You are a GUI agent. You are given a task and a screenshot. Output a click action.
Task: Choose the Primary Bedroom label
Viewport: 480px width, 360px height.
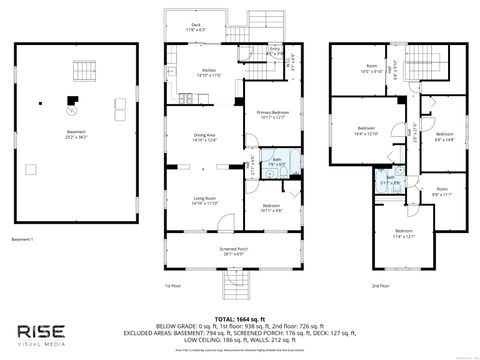click(272, 115)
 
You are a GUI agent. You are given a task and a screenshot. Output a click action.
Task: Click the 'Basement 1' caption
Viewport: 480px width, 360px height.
click(23, 240)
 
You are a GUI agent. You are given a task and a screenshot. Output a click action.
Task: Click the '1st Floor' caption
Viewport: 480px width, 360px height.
click(172, 286)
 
